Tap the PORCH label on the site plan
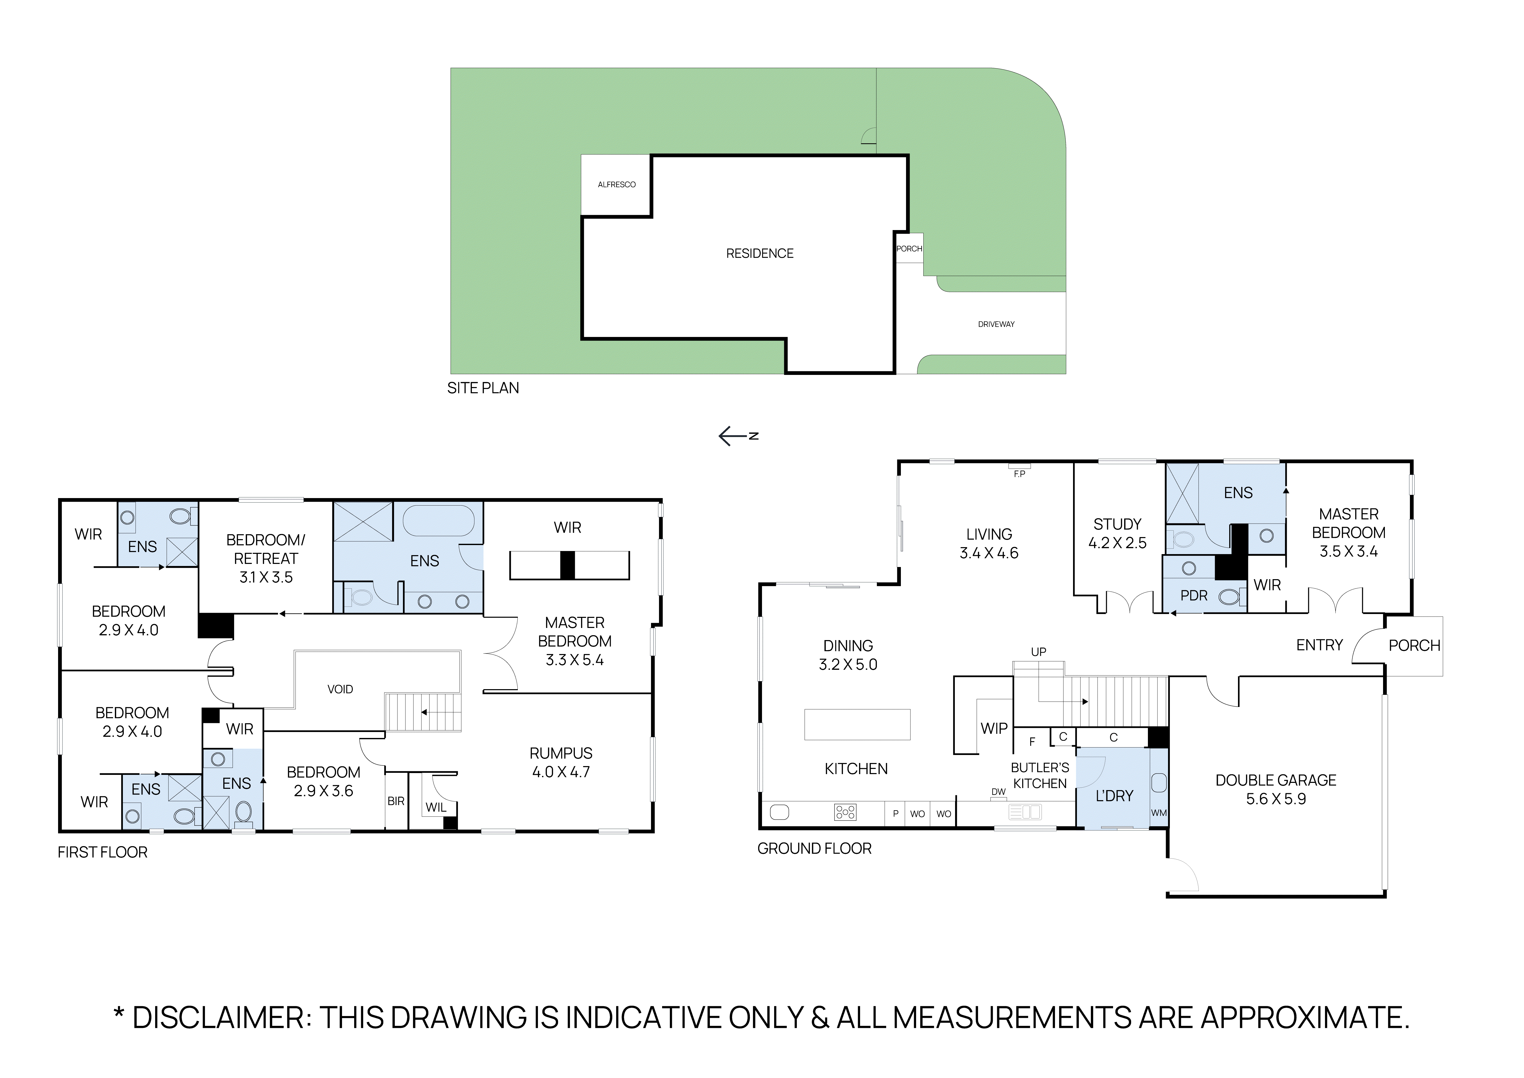point(909,249)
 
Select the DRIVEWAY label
point(996,324)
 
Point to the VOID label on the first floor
point(340,689)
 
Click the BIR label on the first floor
point(396,801)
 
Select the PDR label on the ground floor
point(1193,595)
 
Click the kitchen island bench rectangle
point(857,724)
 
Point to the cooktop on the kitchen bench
point(845,812)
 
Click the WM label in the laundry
point(1158,813)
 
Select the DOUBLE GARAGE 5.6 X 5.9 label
point(1275,789)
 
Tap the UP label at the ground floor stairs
point(1038,652)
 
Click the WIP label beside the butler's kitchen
point(994,728)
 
